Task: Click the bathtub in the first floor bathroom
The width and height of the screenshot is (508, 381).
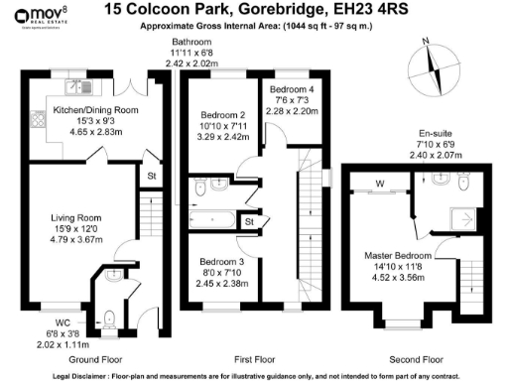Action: (x=208, y=219)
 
